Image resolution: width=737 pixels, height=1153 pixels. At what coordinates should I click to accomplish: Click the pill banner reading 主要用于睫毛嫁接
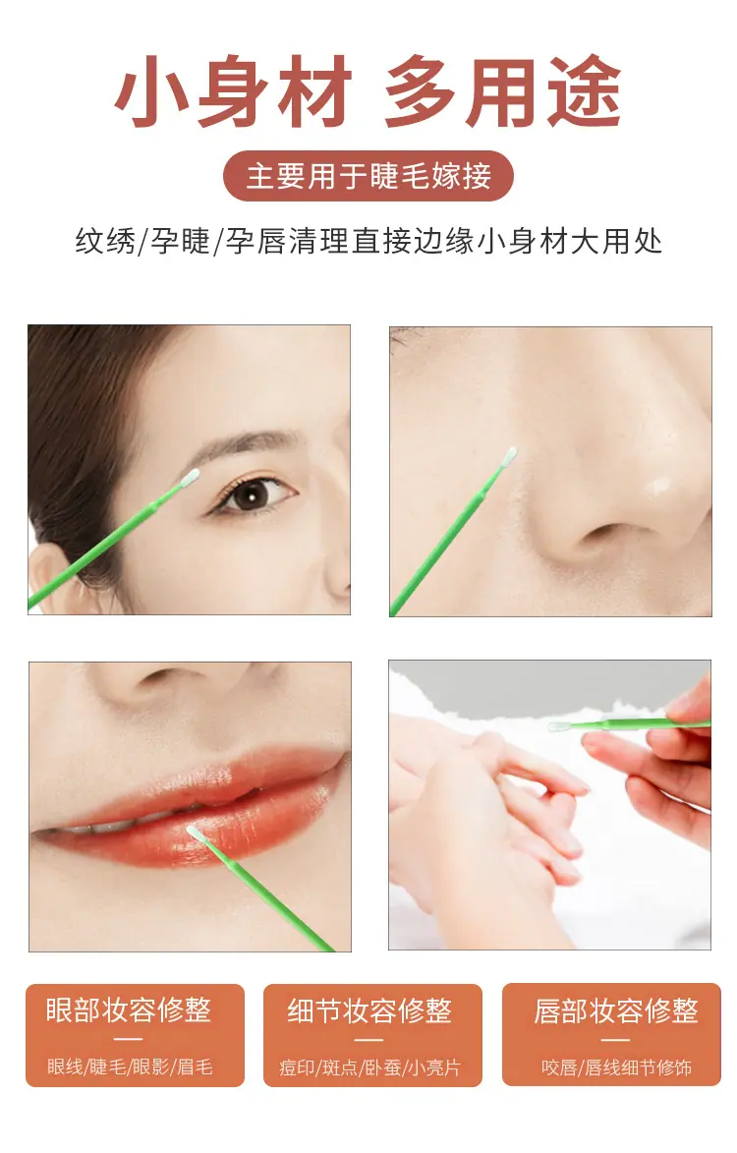coord(368,176)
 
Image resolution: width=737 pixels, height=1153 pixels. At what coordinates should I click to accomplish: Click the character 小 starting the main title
coord(151,91)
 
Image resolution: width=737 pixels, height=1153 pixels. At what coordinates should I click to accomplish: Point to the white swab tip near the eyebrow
coord(190,477)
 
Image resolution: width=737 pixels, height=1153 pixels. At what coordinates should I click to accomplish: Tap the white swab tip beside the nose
coord(508,457)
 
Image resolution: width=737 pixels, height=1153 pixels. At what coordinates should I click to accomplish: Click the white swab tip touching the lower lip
coord(195,833)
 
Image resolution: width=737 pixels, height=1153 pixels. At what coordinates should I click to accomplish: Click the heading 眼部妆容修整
coord(129,1009)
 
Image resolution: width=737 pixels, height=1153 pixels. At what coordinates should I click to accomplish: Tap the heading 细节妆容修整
coord(369,1010)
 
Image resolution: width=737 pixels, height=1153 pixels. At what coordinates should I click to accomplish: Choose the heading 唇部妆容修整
coord(616,1010)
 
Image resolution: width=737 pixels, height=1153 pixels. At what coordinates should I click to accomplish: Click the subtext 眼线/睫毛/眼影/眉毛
coord(130,1067)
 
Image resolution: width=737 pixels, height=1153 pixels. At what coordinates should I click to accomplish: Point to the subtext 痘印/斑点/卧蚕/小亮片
coord(369,1067)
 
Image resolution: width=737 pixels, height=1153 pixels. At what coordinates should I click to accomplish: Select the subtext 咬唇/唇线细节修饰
coord(616,1067)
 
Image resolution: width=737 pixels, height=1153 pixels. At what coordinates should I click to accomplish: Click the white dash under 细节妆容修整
coord(368,1040)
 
